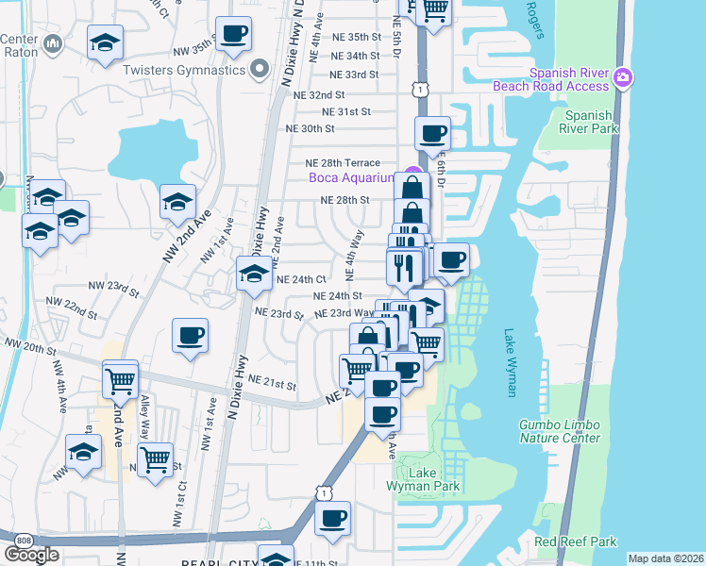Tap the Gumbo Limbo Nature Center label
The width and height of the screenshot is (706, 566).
point(559,431)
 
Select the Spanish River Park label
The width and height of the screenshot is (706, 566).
point(590,122)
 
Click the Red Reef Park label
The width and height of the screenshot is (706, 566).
point(575,541)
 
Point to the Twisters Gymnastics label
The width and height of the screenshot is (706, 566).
point(185,70)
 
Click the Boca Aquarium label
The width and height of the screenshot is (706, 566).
point(351,177)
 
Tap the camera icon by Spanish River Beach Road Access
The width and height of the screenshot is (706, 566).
point(621,77)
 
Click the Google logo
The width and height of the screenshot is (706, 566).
point(31,554)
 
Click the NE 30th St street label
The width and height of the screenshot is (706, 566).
point(311,128)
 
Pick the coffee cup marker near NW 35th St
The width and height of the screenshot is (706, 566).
point(234,35)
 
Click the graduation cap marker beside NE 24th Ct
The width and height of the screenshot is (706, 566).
point(253,275)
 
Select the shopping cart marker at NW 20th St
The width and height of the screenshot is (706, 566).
point(121,381)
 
